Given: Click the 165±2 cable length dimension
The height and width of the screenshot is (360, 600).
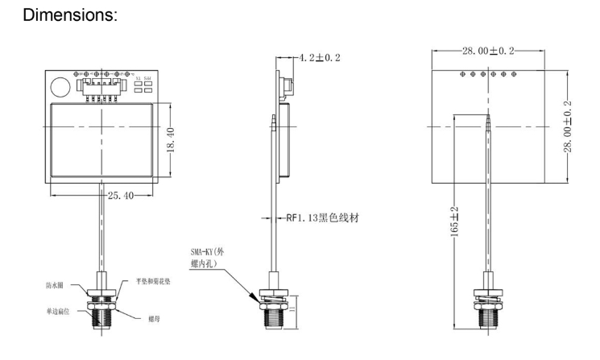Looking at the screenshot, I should pyautogui.click(x=453, y=220).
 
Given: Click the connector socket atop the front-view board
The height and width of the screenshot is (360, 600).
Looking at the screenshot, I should pyautogui.click(x=98, y=85).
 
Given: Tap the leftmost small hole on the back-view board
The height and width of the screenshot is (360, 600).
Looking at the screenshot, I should pyautogui.click(x=461, y=73).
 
